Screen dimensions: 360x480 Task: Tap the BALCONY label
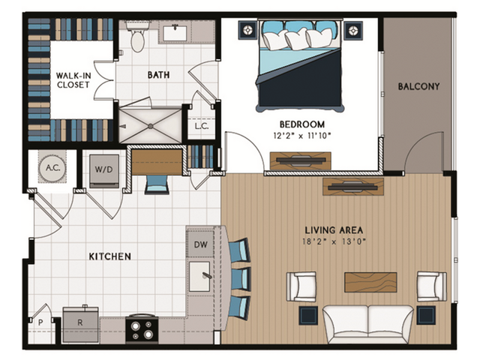[418, 86]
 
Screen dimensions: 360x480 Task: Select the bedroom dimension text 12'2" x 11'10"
[301, 135]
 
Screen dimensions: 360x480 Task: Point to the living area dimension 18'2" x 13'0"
[334, 241]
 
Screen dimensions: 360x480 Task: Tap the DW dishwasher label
[199, 244]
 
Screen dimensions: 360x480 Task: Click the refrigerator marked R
[80, 325]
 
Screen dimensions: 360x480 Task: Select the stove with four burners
[141, 328]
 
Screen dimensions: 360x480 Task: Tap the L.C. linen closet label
[202, 127]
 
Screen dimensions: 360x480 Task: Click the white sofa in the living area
[367, 322]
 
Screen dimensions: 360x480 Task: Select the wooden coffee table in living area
[370, 282]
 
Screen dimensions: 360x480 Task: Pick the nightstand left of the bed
[247, 30]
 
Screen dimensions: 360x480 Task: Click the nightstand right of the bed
[352, 30]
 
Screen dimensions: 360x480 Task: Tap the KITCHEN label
[109, 256]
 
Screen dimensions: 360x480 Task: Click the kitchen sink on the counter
[200, 275]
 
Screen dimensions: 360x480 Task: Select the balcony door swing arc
[422, 154]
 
